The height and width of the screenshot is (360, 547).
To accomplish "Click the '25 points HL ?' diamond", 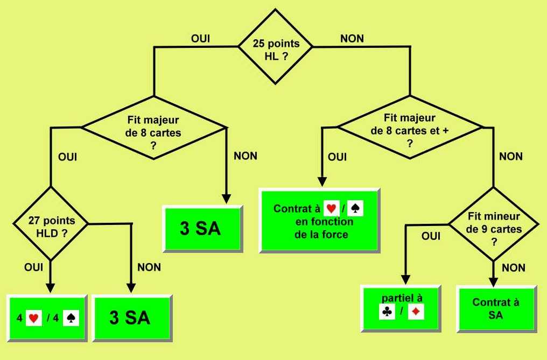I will point(276,47).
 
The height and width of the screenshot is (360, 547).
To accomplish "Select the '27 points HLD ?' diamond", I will point(51,223).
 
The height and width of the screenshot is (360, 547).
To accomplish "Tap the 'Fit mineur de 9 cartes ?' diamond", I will point(493,224).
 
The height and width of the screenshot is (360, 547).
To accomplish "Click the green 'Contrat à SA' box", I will point(496,308).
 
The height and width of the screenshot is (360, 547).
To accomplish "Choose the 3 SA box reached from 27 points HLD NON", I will point(132,317).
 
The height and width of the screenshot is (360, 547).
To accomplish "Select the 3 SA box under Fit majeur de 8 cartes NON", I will point(201,228).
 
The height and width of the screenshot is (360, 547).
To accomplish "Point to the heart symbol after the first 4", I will point(34,318).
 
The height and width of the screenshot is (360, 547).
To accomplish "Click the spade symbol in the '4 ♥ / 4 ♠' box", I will point(71,318).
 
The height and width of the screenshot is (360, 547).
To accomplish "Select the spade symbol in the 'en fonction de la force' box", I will point(355,208).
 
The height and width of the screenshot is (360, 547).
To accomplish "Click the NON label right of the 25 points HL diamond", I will point(352,39).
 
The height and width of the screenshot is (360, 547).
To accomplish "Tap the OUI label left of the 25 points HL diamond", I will point(200,39).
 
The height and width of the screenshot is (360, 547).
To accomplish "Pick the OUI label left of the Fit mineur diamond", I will point(431,236).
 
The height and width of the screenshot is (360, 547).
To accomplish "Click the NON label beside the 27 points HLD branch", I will point(149,267).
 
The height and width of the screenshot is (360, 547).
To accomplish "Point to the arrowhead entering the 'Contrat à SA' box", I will point(493,280).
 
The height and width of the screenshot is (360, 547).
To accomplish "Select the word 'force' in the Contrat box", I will point(335,234).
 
